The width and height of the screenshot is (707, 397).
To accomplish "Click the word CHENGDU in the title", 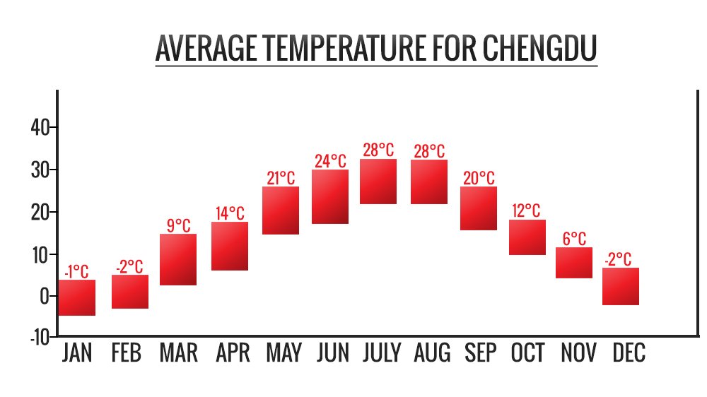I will point(541,48).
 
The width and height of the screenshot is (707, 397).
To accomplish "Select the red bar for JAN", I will point(77,297).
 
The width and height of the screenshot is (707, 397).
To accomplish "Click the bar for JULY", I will point(378,182).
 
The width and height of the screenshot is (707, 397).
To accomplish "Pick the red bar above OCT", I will point(527,237).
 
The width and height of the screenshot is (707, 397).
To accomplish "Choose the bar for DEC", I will point(621,286).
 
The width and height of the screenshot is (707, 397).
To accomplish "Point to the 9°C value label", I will point(178,225).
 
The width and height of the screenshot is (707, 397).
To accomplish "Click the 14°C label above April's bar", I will point(230,213).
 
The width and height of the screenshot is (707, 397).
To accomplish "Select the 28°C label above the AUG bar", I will point(428,151).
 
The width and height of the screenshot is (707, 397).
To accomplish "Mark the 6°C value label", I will point(574,239).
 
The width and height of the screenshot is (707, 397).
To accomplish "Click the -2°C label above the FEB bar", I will point(129,266).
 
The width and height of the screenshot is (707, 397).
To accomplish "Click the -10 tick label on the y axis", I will point(40,338).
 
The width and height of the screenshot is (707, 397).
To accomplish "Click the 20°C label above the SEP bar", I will point(479,178).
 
